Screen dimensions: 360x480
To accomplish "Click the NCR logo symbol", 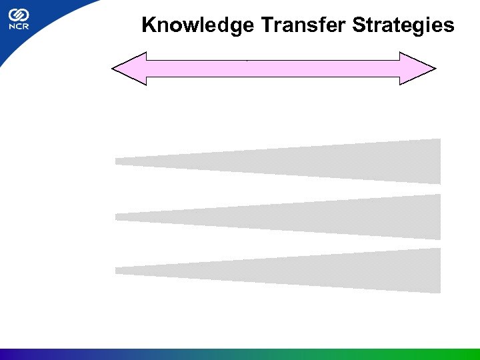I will tap(18, 15).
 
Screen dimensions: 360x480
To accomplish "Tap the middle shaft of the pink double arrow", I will tap(273, 68).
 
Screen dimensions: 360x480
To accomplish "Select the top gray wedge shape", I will tap(300, 161).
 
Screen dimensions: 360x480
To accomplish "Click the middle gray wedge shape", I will tap(300, 217).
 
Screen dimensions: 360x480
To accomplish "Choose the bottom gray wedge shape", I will tap(300, 270).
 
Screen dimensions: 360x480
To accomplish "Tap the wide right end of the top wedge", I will tap(433, 161).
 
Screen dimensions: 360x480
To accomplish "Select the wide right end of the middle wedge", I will tap(433, 217).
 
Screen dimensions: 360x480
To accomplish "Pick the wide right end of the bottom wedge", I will tap(433, 270).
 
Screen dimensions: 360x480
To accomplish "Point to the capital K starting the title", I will tap(148, 26).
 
